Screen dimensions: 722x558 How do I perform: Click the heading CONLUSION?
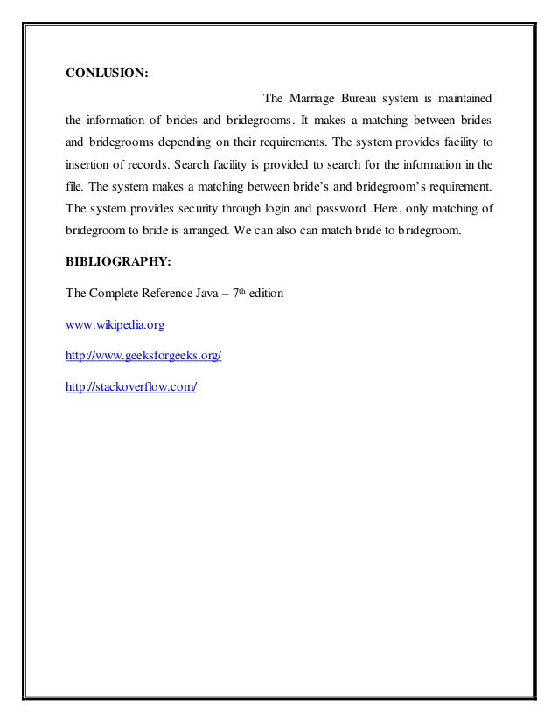108,73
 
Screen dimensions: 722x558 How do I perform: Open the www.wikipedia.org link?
115,324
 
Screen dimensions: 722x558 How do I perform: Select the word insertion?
90,164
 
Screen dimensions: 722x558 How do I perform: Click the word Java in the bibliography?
207,295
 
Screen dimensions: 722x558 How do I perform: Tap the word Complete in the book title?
110,295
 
